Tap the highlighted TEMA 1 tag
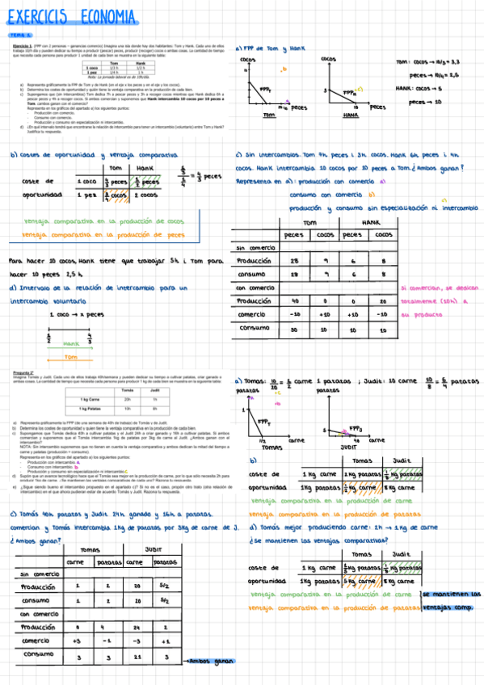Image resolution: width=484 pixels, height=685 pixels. [x=21, y=36]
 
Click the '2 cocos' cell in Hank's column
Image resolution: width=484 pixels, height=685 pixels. [x=145, y=195]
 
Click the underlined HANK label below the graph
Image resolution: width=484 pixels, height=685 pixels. [x=350, y=116]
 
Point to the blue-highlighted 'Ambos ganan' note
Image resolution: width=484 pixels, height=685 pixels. [x=210, y=661]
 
